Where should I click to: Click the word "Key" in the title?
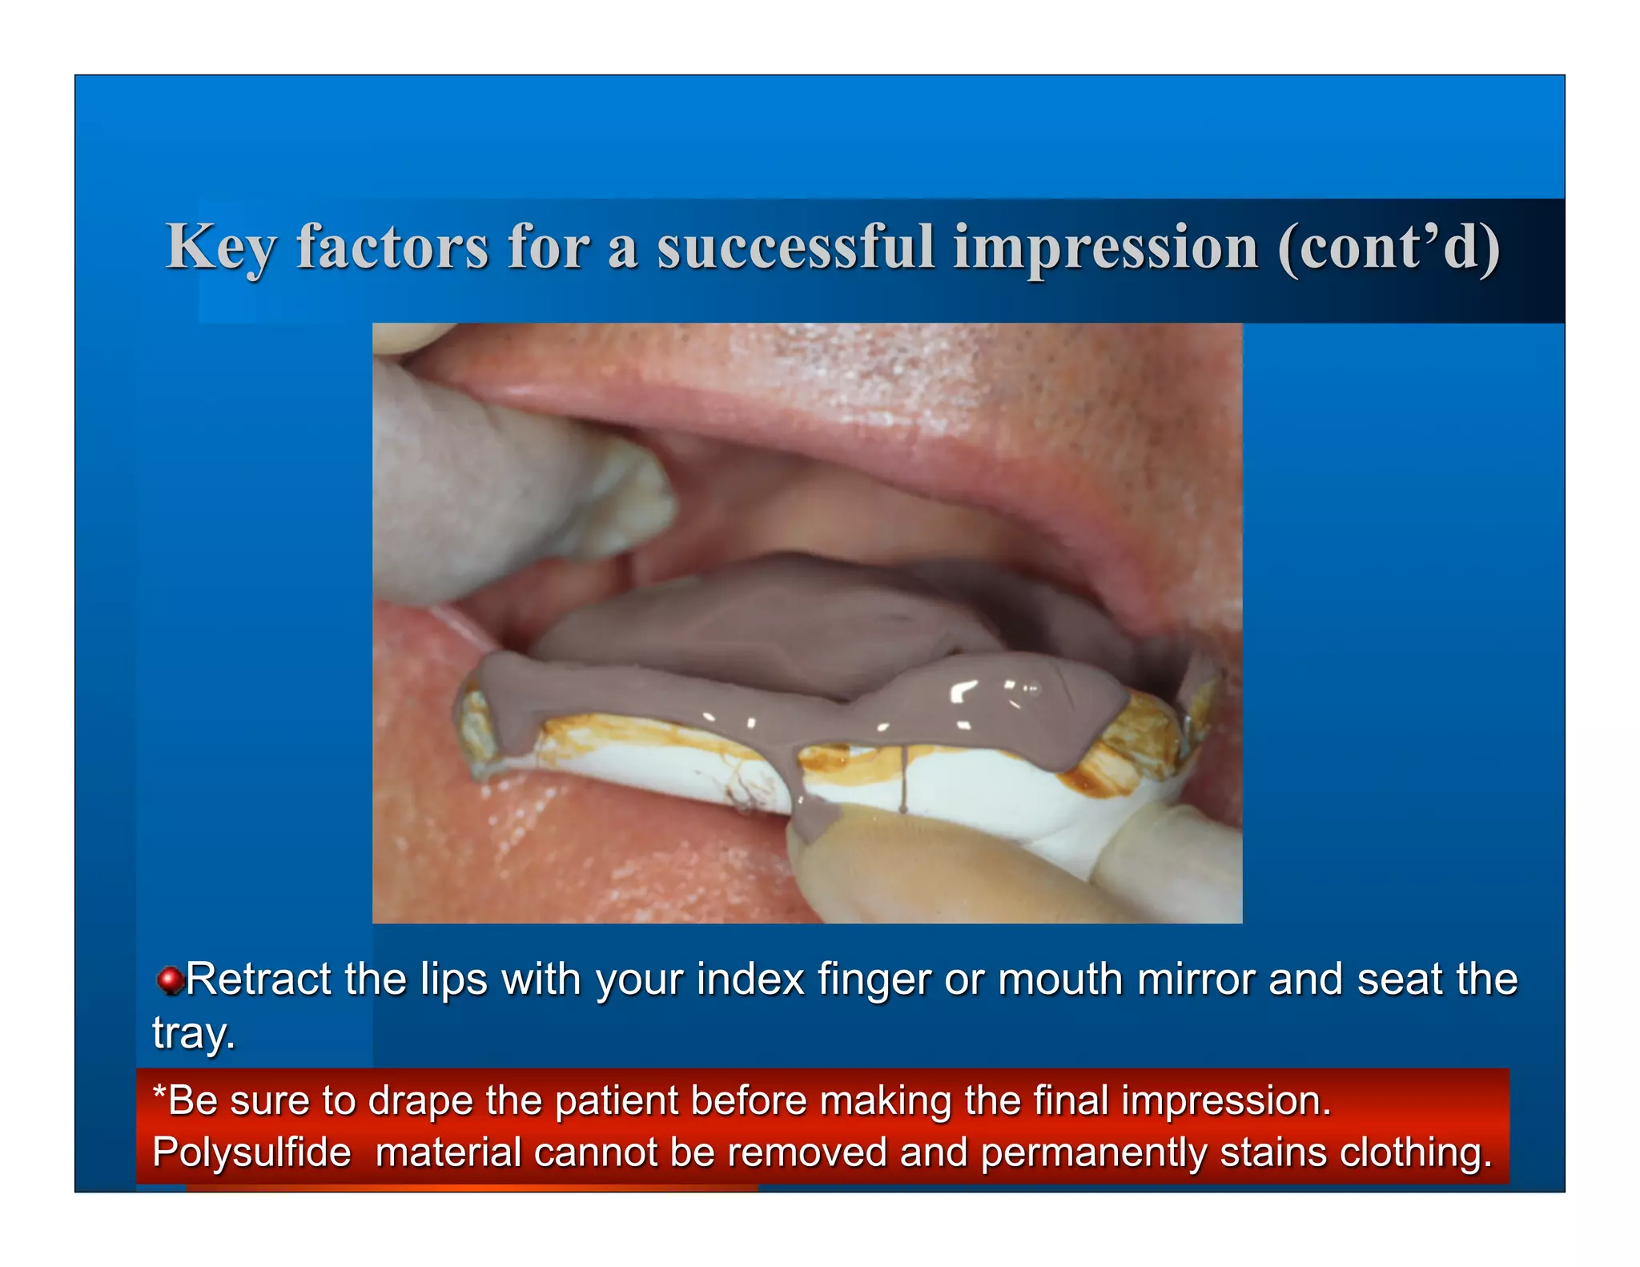coord(220,247)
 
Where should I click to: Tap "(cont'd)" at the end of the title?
coord(1389,247)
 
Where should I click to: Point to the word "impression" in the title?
coord(1105,247)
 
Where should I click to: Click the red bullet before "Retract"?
coord(169,980)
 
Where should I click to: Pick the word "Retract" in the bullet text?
coord(258,979)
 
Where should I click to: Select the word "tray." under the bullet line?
coord(194,1033)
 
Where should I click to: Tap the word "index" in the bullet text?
coord(750,979)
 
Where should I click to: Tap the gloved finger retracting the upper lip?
coord(512,489)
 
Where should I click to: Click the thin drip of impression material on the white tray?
coord(903,781)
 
